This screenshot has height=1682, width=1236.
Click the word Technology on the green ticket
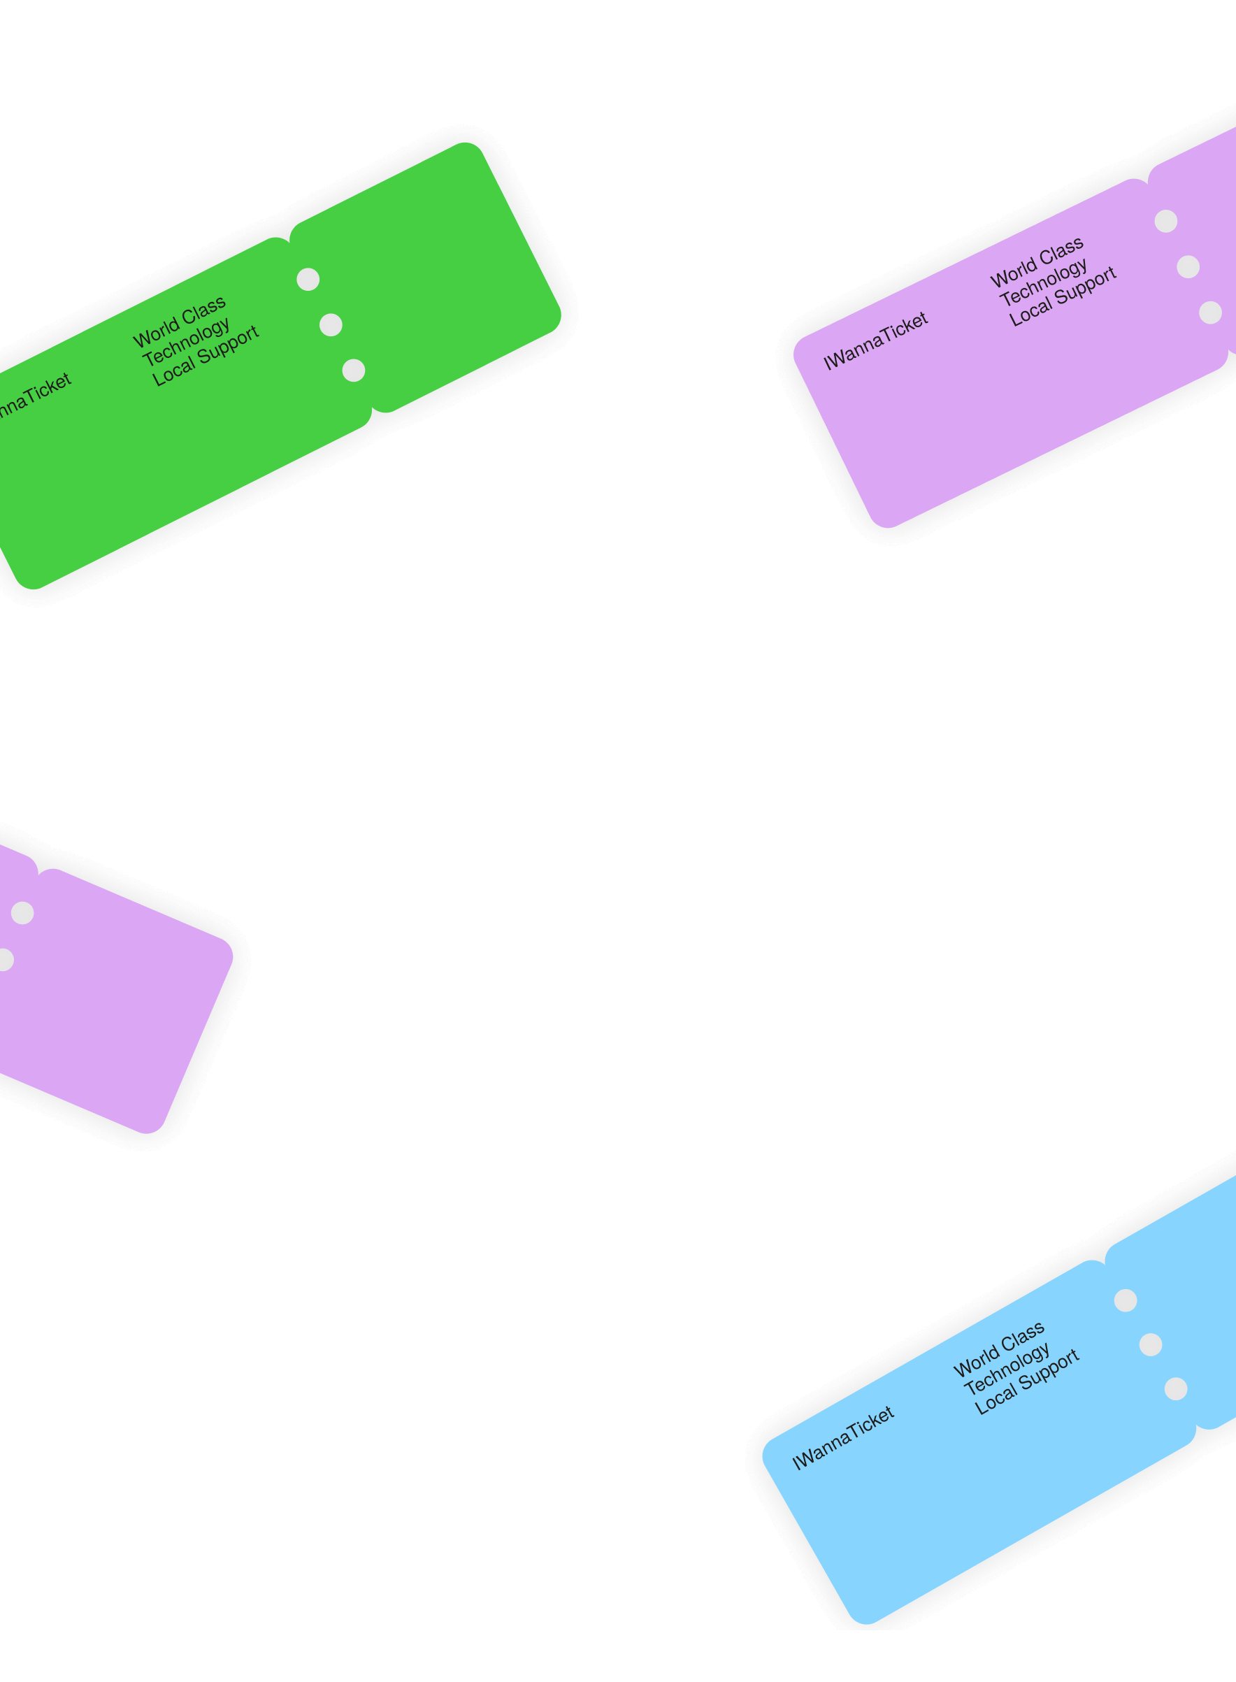tap(186, 340)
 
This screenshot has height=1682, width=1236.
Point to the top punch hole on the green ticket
tap(308, 279)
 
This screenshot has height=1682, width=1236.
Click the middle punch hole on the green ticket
tap(331, 325)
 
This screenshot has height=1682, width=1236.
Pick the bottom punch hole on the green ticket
tap(354, 371)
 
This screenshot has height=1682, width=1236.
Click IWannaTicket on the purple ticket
tap(875, 340)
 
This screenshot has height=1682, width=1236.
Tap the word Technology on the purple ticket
tap(1044, 281)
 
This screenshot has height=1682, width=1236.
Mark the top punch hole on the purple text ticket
tap(1165, 221)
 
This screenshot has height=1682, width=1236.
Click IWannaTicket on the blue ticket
tap(842, 1437)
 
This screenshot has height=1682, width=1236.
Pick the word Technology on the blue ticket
tap(1006, 1370)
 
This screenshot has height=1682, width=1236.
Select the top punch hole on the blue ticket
tap(1126, 1300)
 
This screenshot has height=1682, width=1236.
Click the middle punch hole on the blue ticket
tap(1151, 1344)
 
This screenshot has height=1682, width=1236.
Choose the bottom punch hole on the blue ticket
tap(1176, 1388)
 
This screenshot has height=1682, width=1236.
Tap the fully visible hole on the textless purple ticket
tap(22, 913)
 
